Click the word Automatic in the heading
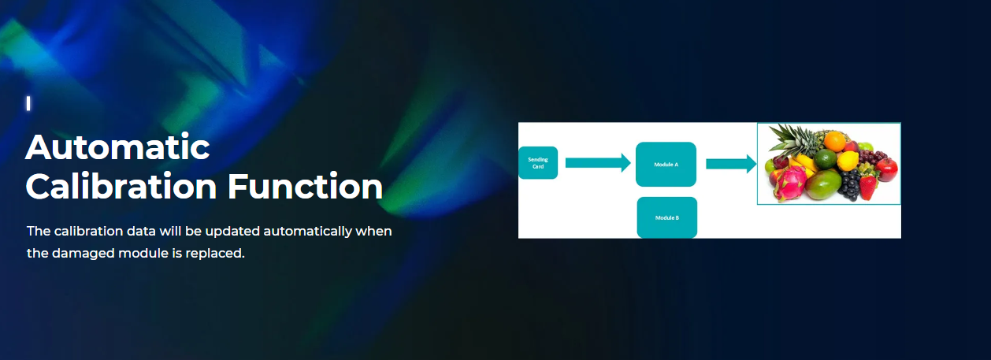pyautogui.click(x=117, y=147)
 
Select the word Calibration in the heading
pyautogui.click(x=121, y=186)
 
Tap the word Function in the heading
pyautogui.click(x=305, y=186)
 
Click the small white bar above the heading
pyautogui.click(x=28, y=103)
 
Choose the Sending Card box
pyautogui.click(x=538, y=163)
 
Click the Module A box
pyautogui.click(x=666, y=164)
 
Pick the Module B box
pyautogui.click(x=667, y=217)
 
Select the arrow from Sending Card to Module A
pyautogui.click(x=598, y=163)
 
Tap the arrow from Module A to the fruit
pyautogui.click(x=731, y=164)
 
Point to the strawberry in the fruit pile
pyautogui.click(x=868, y=187)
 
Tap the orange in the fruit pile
pyautogui.click(x=834, y=141)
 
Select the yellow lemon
pyautogui.click(x=848, y=161)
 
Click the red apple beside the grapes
pyautogui.click(x=886, y=169)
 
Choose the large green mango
pyautogui.click(x=823, y=184)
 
